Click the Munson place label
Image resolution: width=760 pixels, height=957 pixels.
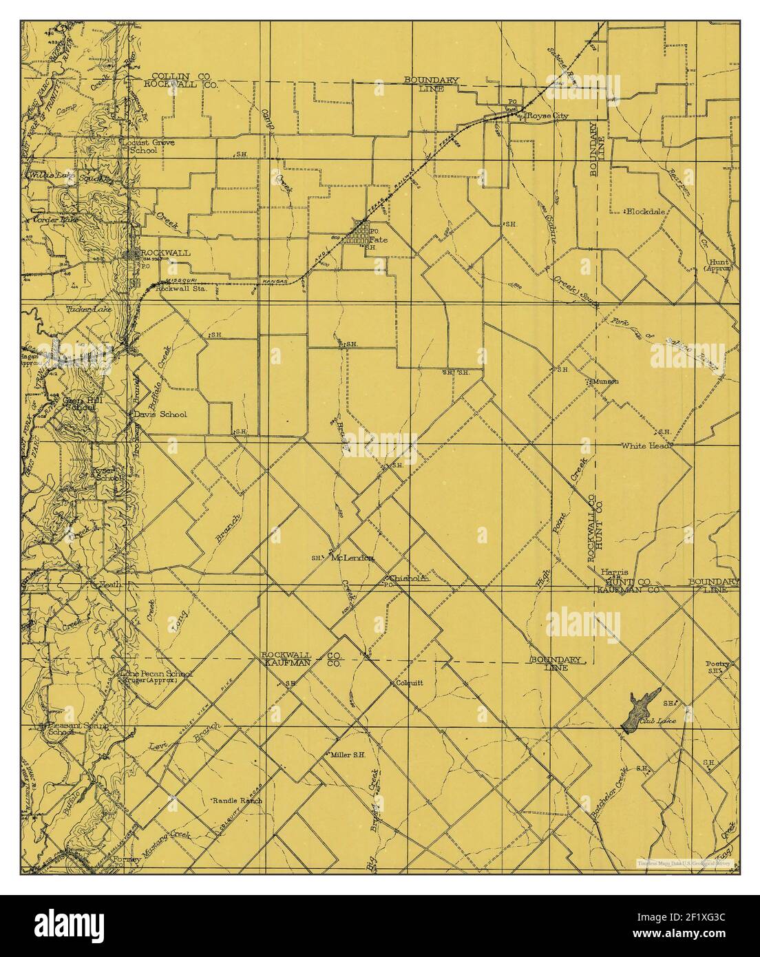click(606, 381)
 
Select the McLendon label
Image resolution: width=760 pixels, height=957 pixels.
click(352, 558)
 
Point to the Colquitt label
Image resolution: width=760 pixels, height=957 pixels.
click(409, 684)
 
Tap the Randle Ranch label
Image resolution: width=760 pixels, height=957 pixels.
click(237, 801)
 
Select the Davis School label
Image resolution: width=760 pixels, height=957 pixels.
click(164, 415)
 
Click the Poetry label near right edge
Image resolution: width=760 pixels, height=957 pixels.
click(717, 665)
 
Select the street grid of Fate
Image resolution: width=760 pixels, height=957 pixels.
click(359, 233)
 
